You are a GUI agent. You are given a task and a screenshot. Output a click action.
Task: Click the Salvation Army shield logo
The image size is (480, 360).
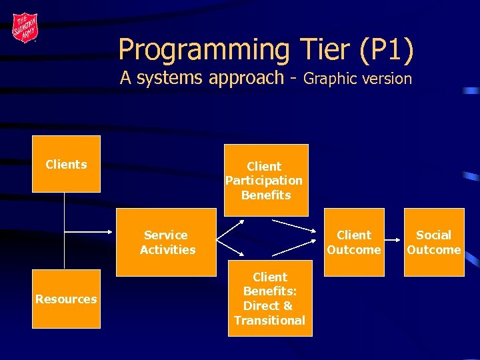[x=25, y=28]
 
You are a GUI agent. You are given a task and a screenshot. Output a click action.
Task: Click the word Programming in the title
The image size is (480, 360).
[x=203, y=50]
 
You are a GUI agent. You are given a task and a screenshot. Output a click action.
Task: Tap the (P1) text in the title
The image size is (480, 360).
[x=386, y=50]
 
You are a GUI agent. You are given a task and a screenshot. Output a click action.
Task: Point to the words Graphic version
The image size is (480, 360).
[x=357, y=79]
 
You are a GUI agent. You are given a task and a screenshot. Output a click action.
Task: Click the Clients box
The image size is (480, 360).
[x=66, y=164]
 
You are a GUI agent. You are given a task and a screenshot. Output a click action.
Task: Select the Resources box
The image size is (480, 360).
[x=66, y=299]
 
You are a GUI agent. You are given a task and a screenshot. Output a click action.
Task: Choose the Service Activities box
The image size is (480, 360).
[x=166, y=242]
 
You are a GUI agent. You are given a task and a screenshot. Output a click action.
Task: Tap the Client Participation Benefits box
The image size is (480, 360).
[x=265, y=180]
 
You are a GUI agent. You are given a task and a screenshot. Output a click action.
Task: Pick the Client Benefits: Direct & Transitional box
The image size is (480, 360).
[x=269, y=299]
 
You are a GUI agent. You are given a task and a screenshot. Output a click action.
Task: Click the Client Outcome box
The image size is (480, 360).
[x=354, y=242]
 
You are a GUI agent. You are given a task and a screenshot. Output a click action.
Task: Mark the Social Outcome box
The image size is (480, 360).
[x=433, y=242]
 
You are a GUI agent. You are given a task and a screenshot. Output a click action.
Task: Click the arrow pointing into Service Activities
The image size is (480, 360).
[x=90, y=232]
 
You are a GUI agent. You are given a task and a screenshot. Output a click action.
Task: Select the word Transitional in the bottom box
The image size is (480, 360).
[x=269, y=321]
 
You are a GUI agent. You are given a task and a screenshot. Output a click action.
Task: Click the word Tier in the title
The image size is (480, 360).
[x=322, y=50]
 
